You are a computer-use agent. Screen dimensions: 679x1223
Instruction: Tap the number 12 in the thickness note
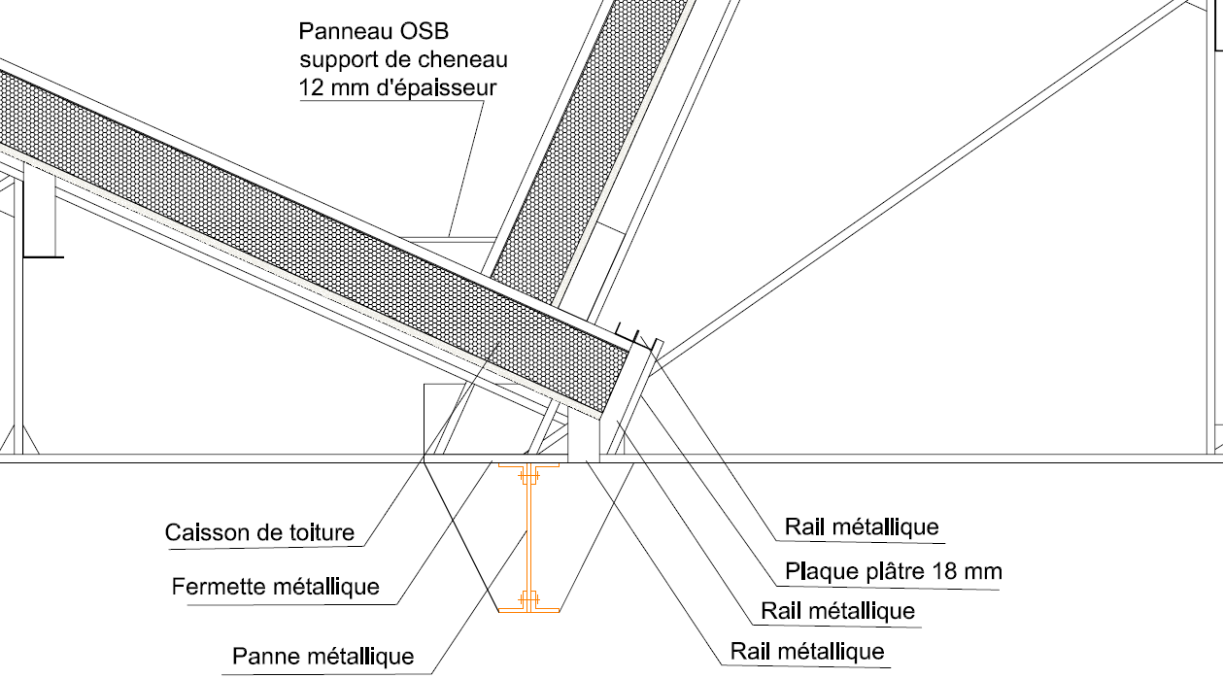coord(312,87)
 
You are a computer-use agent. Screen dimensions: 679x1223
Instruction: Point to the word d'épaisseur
coord(437,87)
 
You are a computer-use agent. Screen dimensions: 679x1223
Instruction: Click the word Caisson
coord(201,532)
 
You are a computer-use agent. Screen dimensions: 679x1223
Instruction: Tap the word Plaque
coord(821,571)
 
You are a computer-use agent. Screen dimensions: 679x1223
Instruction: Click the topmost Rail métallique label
coord(863,526)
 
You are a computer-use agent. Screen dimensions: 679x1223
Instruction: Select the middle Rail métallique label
coord(838,610)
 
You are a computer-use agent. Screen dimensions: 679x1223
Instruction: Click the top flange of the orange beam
coord(529,467)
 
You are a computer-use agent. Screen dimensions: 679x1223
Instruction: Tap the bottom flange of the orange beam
coord(529,610)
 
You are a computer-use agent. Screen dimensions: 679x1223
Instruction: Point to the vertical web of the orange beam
coord(529,539)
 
